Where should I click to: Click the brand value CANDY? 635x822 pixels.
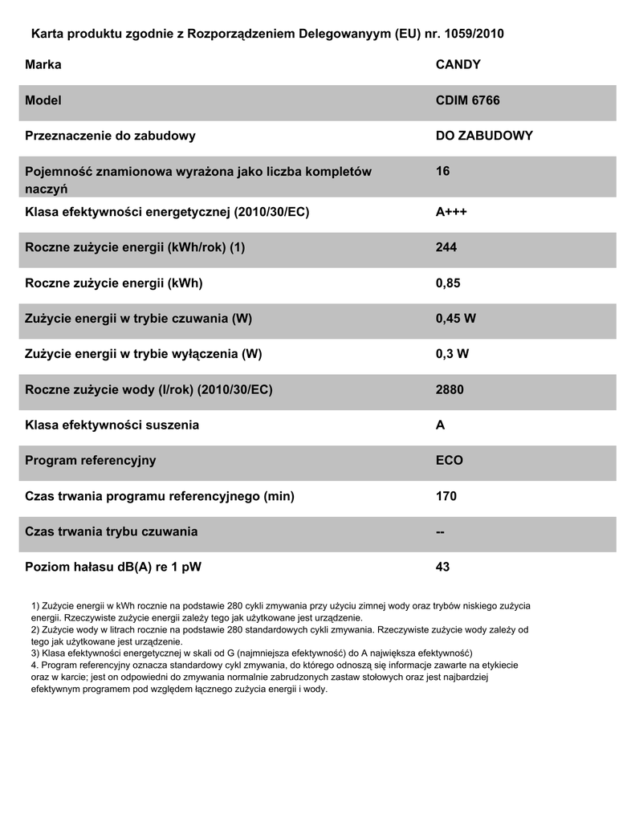point(458,64)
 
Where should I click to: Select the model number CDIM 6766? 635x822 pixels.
point(467,100)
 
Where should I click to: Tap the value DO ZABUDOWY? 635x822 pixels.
point(484,136)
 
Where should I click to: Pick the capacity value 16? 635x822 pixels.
point(442,171)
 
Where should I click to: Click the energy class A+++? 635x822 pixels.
point(451,212)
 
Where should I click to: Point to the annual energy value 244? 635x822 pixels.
point(446,247)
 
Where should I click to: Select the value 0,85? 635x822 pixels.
point(448,283)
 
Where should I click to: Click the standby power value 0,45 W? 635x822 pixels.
point(455,319)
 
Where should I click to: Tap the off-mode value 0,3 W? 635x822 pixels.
point(452,354)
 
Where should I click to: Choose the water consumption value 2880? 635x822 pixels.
point(450,389)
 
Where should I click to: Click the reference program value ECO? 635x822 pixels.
point(449,461)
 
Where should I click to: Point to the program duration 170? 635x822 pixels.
point(446,496)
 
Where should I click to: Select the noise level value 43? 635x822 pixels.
point(442,567)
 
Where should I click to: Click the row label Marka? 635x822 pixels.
point(43,64)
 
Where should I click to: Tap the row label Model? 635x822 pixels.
point(43,100)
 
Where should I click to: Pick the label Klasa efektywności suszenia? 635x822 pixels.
point(112,425)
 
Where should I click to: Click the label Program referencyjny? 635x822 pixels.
point(91,461)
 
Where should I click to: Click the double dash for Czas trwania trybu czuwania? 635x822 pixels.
point(440,531)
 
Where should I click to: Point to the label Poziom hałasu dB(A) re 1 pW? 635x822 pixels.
point(113,567)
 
